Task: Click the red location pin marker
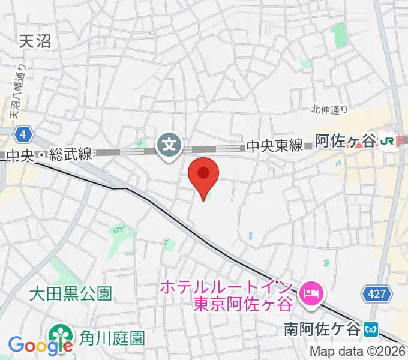[x=203, y=175]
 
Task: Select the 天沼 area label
[x=34, y=41]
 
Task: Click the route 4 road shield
[x=23, y=133]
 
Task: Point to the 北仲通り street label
[x=329, y=109]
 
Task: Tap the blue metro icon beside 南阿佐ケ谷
[x=372, y=329]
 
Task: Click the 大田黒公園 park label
[x=71, y=294]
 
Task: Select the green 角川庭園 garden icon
[x=59, y=334]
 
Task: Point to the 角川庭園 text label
[x=112, y=338]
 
